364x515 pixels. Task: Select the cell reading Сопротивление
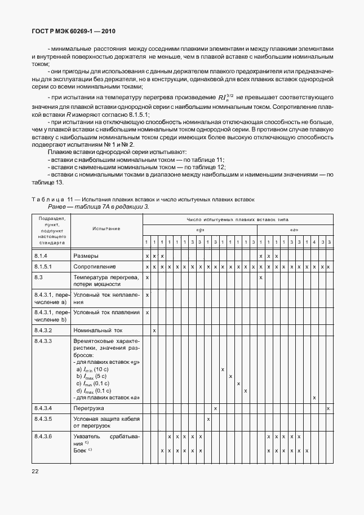click(x=95, y=266)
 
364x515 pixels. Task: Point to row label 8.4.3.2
click(x=43, y=330)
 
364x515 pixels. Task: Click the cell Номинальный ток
click(x=98, y=330)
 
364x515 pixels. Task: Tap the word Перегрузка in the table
click(x=90, y=408)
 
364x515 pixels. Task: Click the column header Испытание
click(x=104, y=228)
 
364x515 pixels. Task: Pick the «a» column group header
click(x=294, y=230)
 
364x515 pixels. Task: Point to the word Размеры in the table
click(x=86, y=256)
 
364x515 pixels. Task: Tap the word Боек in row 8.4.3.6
click(x=79, y=451)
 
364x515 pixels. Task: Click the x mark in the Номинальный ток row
click(x=154, y=330)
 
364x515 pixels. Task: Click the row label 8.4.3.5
click(x=43, y=419)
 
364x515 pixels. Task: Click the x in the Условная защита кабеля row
click(x=208, y=419)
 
